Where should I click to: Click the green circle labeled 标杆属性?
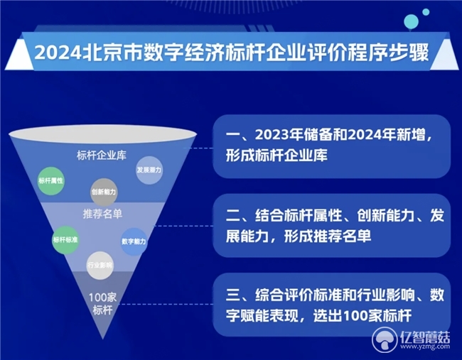51,181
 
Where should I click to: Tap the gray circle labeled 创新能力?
104,192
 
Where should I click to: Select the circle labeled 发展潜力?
149,170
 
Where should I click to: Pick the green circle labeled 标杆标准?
65,240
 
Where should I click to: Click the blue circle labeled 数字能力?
134,241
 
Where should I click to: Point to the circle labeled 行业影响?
100,266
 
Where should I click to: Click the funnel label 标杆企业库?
102,155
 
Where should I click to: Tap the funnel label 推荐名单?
102,214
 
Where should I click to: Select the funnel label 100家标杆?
102,304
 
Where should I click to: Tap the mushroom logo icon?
385,339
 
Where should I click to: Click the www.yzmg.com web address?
425,347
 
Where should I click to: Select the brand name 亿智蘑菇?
425,337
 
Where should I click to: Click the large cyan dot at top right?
411,21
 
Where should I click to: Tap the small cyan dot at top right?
426,12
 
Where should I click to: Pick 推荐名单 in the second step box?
342,236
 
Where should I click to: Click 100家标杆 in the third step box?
377,316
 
